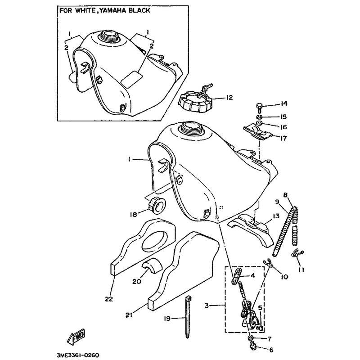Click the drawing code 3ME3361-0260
[x=78, y=355]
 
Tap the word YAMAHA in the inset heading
[x=111, y=10]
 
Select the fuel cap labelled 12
[x=194, y=101]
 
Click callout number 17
[x=283, y=138]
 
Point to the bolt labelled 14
[x=259, y=108]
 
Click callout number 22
[x=109, y=299]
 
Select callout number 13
[x=276, y=216]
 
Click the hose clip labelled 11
[x=297, y=253]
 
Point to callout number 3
[x=207, y=306]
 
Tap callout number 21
[x=129, y=316]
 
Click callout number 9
[x=277, y=202]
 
